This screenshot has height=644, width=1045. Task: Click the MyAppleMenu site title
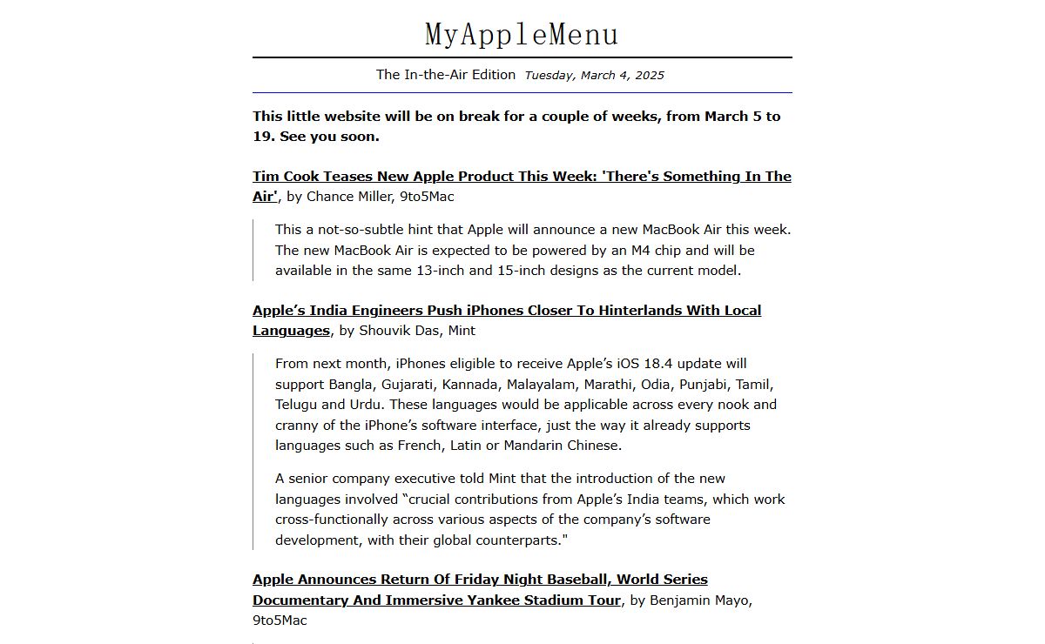pos(522,34)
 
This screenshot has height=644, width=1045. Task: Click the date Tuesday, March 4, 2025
pos(594,75)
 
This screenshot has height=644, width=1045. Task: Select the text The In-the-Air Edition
pos(446,75)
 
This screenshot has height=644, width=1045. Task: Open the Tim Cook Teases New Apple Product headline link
pos(522,177)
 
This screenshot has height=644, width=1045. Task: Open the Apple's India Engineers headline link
pos(507,311)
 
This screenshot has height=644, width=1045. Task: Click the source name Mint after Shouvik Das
pos(462,331)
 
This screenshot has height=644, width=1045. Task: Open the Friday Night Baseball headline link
pos(480,580)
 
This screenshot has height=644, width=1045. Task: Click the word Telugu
pos(296,405)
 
